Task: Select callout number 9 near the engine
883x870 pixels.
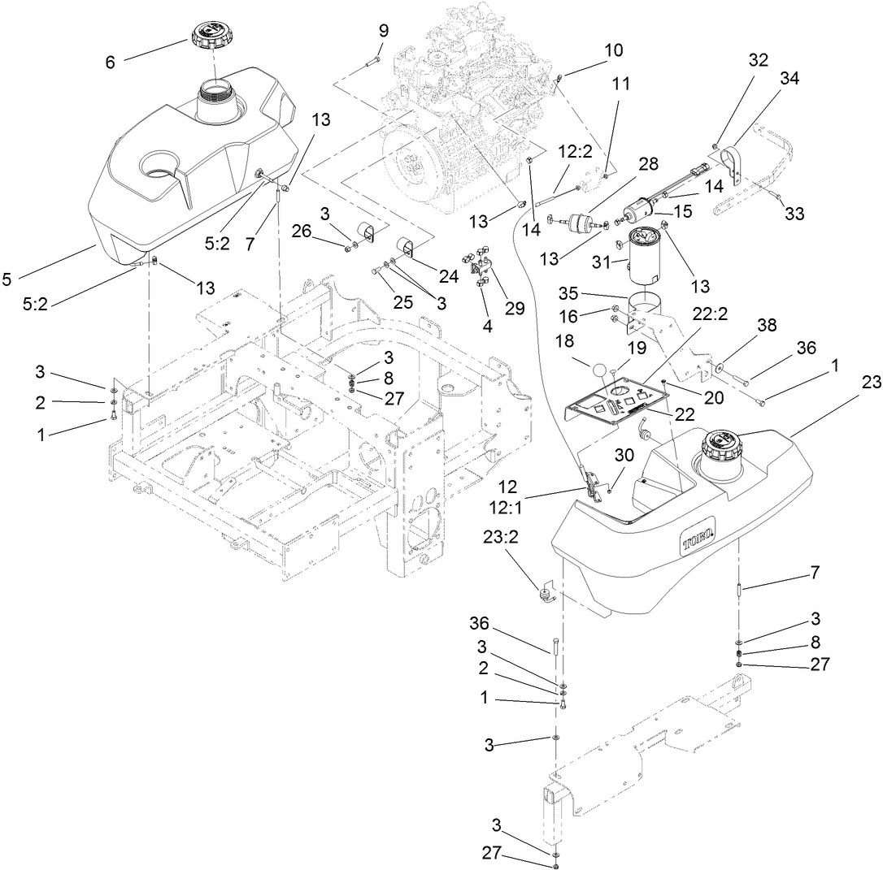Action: coord(383,31)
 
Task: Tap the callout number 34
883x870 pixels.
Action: coord(766,79)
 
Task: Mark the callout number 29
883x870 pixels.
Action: coord(515,308)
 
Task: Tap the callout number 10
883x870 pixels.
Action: coord(613,50)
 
